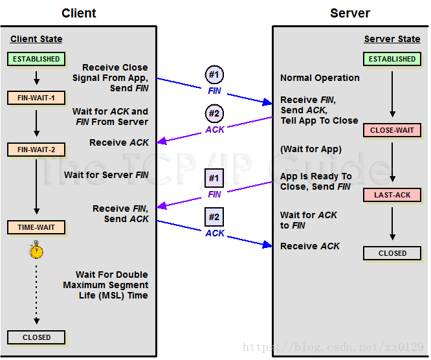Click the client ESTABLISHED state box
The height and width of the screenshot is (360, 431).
click(36, 59)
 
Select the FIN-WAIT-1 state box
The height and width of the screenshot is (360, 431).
click(36, 98)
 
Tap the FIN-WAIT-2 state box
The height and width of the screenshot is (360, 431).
click(36, 150)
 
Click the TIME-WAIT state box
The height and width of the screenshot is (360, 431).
click(36, 227)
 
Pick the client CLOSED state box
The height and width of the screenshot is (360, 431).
click(36, 337)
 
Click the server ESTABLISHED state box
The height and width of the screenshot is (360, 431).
click(392, 59)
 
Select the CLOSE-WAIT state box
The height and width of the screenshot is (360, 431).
click(392, 130)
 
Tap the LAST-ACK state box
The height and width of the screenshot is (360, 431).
click(392, 195)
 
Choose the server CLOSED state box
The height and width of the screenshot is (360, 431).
click(392, 253)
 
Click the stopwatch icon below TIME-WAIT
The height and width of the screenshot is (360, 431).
click(37, 250)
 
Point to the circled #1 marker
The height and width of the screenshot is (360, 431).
click(214, 74)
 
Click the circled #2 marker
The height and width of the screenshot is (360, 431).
click(214, 113)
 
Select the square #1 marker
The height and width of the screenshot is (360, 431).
click(214, 178)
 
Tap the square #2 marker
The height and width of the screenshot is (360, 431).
click(214, 217)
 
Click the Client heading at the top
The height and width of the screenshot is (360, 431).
click(79, 13)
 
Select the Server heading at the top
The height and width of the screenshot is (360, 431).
click(350, 13)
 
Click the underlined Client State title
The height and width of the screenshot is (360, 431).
click(37, 39)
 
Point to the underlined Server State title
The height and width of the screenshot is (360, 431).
click(392, 39)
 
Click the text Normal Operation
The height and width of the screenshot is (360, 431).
click(320, 78)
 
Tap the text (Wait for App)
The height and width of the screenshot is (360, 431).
click(311, 150)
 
